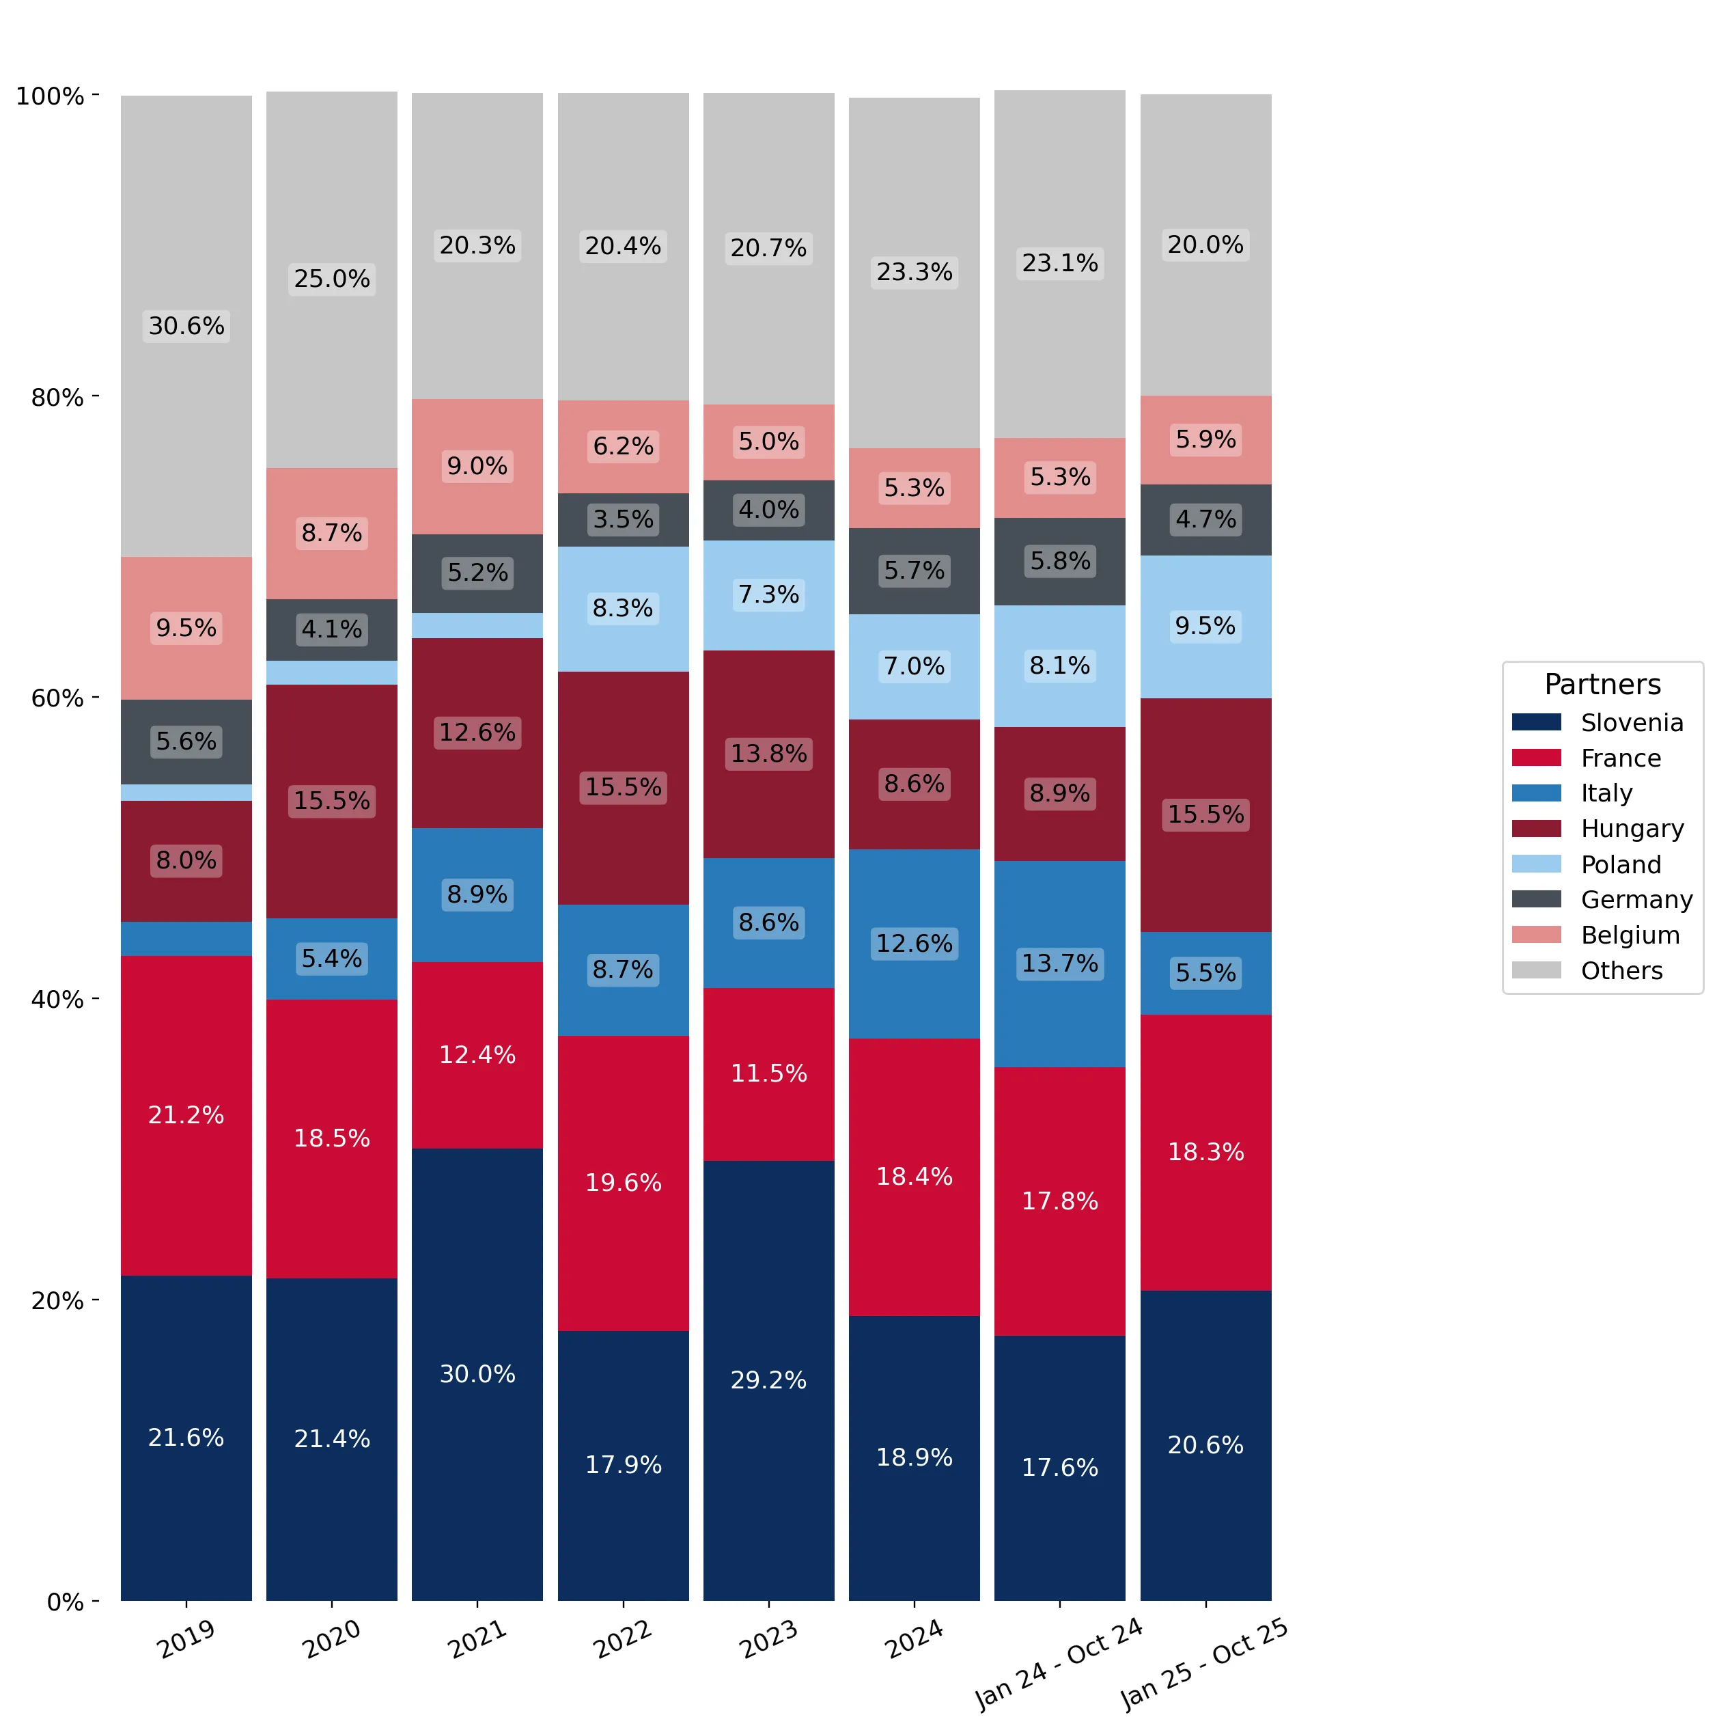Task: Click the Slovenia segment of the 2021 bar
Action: (477, 1374)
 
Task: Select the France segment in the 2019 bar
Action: (186, 1115)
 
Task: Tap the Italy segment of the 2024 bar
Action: (915, 944)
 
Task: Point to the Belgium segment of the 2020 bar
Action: (332, 534)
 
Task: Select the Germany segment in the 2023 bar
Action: (769, 510)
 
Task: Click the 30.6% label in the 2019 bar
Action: (186, 326)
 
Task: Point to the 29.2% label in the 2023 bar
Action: (769, 1380)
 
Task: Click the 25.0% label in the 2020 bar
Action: (332, 279)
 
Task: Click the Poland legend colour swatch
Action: (1537, 864)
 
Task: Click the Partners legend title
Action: (1603, 685)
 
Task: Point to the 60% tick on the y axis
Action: (96, 697)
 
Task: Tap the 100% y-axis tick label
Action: (50, 96)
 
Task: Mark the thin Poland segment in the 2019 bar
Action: (186, 793)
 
